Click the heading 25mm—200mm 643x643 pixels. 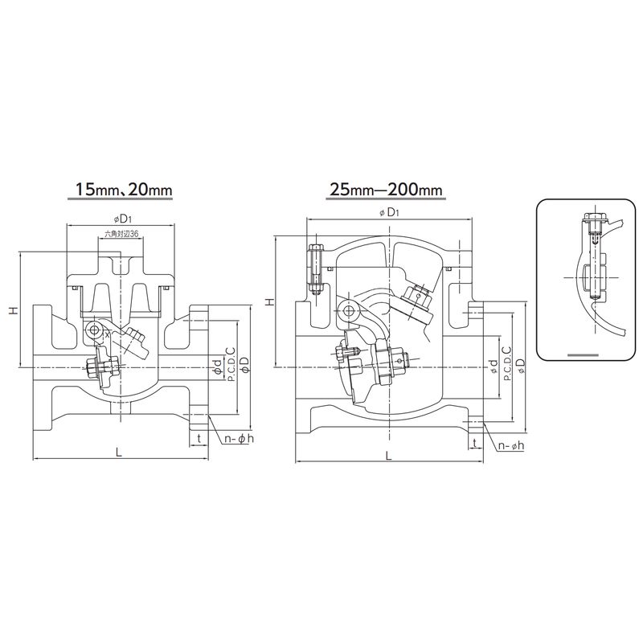384,189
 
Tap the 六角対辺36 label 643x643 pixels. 121,234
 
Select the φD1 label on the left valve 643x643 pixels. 120,219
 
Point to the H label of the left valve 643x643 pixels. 14,310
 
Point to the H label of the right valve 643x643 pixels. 269,302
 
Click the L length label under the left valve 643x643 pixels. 118,453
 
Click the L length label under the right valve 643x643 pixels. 389,456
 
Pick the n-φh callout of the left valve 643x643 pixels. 239,438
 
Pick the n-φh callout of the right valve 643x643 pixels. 511,445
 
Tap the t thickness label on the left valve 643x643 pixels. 199,438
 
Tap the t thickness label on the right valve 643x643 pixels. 474,443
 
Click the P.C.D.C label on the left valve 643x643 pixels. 231,365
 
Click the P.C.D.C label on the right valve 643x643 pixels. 507,362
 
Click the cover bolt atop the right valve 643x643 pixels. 316,270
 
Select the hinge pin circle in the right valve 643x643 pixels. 349,310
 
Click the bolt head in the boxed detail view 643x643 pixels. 592,216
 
